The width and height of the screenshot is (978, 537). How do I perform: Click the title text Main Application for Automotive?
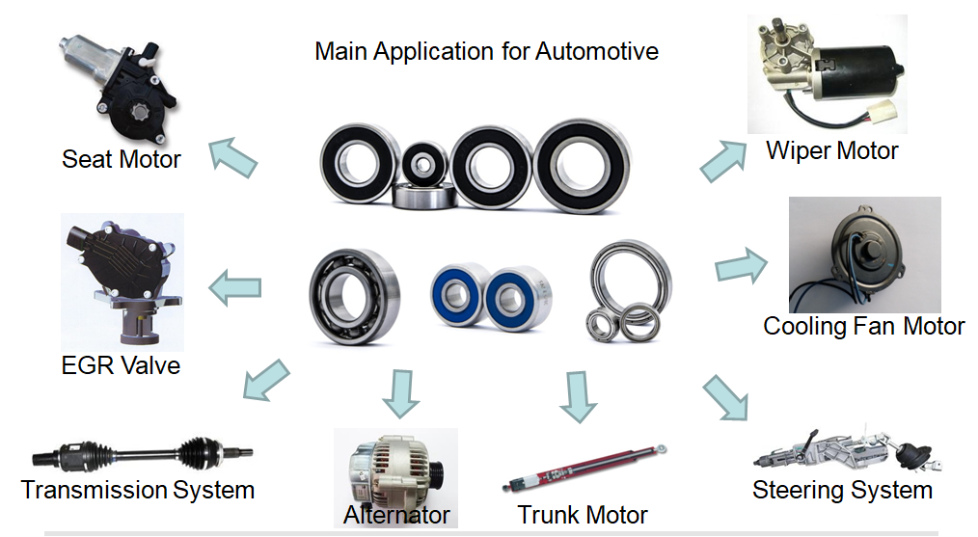(486, 50)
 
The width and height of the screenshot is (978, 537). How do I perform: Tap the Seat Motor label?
(122, 158)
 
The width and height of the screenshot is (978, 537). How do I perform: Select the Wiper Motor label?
(831, 150)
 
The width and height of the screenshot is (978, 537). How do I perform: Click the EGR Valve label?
(120, 365)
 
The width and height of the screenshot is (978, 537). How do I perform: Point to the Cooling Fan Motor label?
(863, 326)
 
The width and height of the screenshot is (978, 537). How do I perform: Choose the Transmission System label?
(138, 490)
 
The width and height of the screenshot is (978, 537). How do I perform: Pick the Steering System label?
(842, 490)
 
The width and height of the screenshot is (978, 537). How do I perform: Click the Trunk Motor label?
(583, 514)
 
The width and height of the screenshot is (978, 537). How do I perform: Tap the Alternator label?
(396, 515)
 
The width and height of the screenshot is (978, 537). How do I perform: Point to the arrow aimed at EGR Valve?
(235, 286)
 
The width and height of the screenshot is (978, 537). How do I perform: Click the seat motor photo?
(116, 83)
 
